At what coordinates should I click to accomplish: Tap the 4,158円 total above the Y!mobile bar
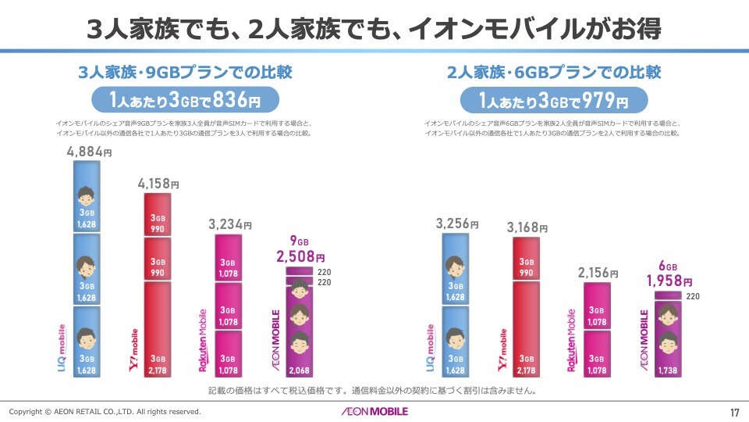(x=158, y=184)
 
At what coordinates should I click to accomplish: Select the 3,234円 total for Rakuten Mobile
(x=229, y=224)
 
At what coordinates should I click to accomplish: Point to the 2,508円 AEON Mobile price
(x=300, y=256)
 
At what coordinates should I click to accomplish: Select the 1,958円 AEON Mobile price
(x=669, y=281)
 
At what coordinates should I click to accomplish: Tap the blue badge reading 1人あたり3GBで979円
(x=553, y=101)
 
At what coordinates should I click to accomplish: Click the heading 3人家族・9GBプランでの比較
(x=186, y=73)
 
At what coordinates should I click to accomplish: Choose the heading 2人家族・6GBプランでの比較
(x=554, y=73)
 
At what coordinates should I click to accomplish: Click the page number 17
(x=733, y=412)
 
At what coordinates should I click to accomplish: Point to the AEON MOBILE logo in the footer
(x=374, y=411)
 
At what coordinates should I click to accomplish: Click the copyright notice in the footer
(x=105, y=412)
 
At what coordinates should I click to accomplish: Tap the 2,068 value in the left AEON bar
(x=300, y=369)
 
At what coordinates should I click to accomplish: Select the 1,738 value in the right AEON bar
(x=668, y=369)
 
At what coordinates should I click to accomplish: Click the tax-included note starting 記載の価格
(x=374, y=390)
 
